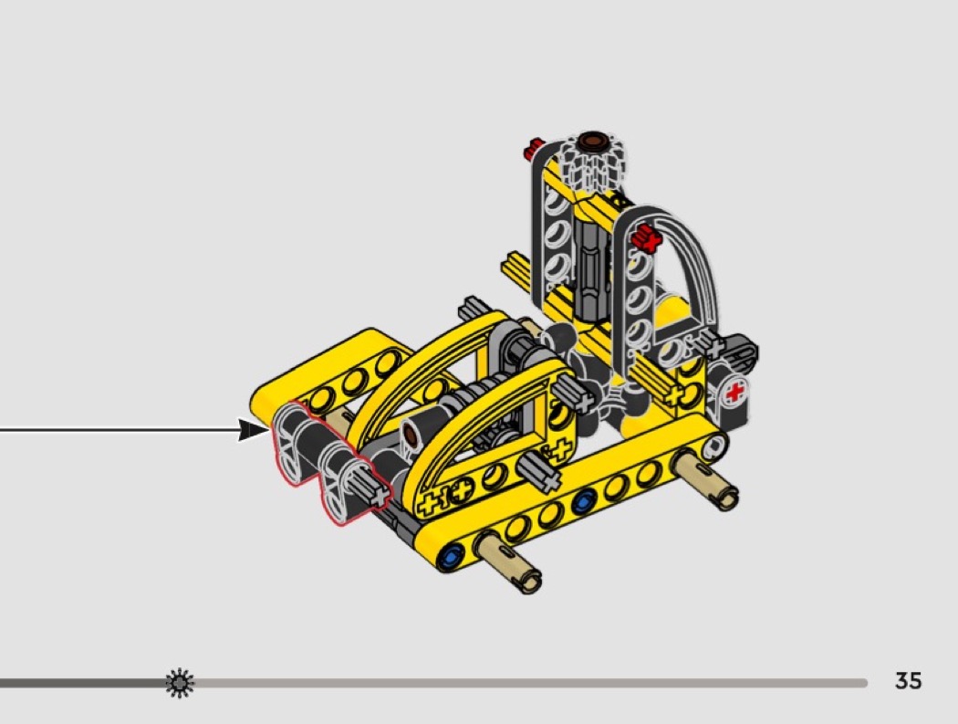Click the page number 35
click(908, 680)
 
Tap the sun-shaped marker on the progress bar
click(180, 683)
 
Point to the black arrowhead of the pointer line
click(253, 430)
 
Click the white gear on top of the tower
click(591, 160)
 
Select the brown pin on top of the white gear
click(592, 141)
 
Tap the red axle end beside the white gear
click(534, 149)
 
